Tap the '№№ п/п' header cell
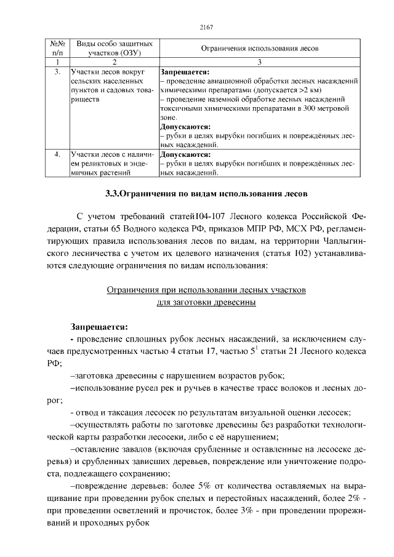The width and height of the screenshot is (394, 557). [57, 49]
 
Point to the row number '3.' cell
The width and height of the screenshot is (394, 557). [57, 72]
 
